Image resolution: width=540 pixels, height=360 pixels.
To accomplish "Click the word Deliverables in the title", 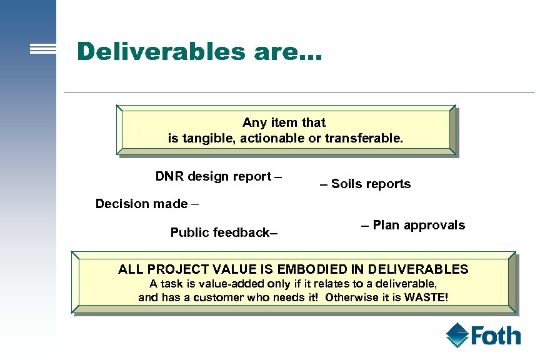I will (162, 51).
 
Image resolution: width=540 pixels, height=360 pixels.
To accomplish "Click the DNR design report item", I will (218, 176).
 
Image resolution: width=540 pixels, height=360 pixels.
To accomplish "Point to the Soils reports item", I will (366, 184).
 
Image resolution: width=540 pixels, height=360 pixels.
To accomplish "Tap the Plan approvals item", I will (413, 225).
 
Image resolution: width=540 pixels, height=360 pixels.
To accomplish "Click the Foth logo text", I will (496, 336).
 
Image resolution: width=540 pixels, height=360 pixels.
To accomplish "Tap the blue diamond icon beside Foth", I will (457, 335).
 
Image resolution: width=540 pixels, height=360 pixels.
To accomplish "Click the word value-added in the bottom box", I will (234, 284).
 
